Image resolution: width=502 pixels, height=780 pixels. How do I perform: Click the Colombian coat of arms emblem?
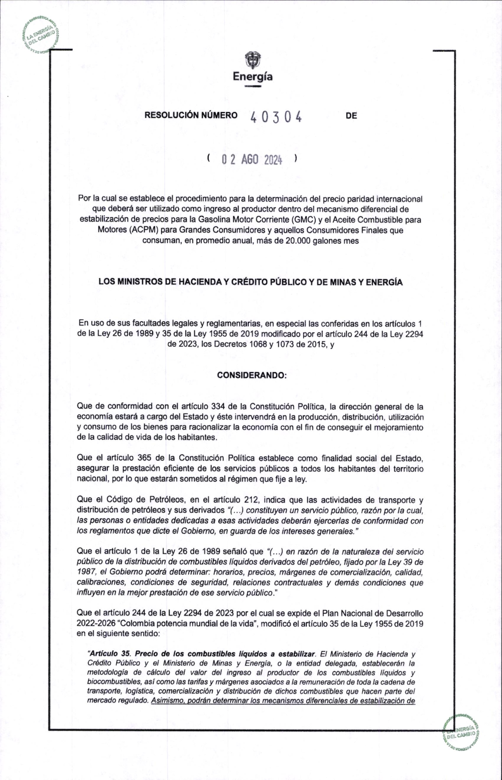coord(253,60)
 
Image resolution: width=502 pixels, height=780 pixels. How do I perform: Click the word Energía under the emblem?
coord(253,77)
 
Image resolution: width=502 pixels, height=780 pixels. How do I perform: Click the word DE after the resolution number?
coord(351,116)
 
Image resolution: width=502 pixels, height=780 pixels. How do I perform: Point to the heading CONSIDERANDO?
coord(251,375)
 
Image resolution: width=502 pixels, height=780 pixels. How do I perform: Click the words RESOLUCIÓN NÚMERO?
coord(191,116)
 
